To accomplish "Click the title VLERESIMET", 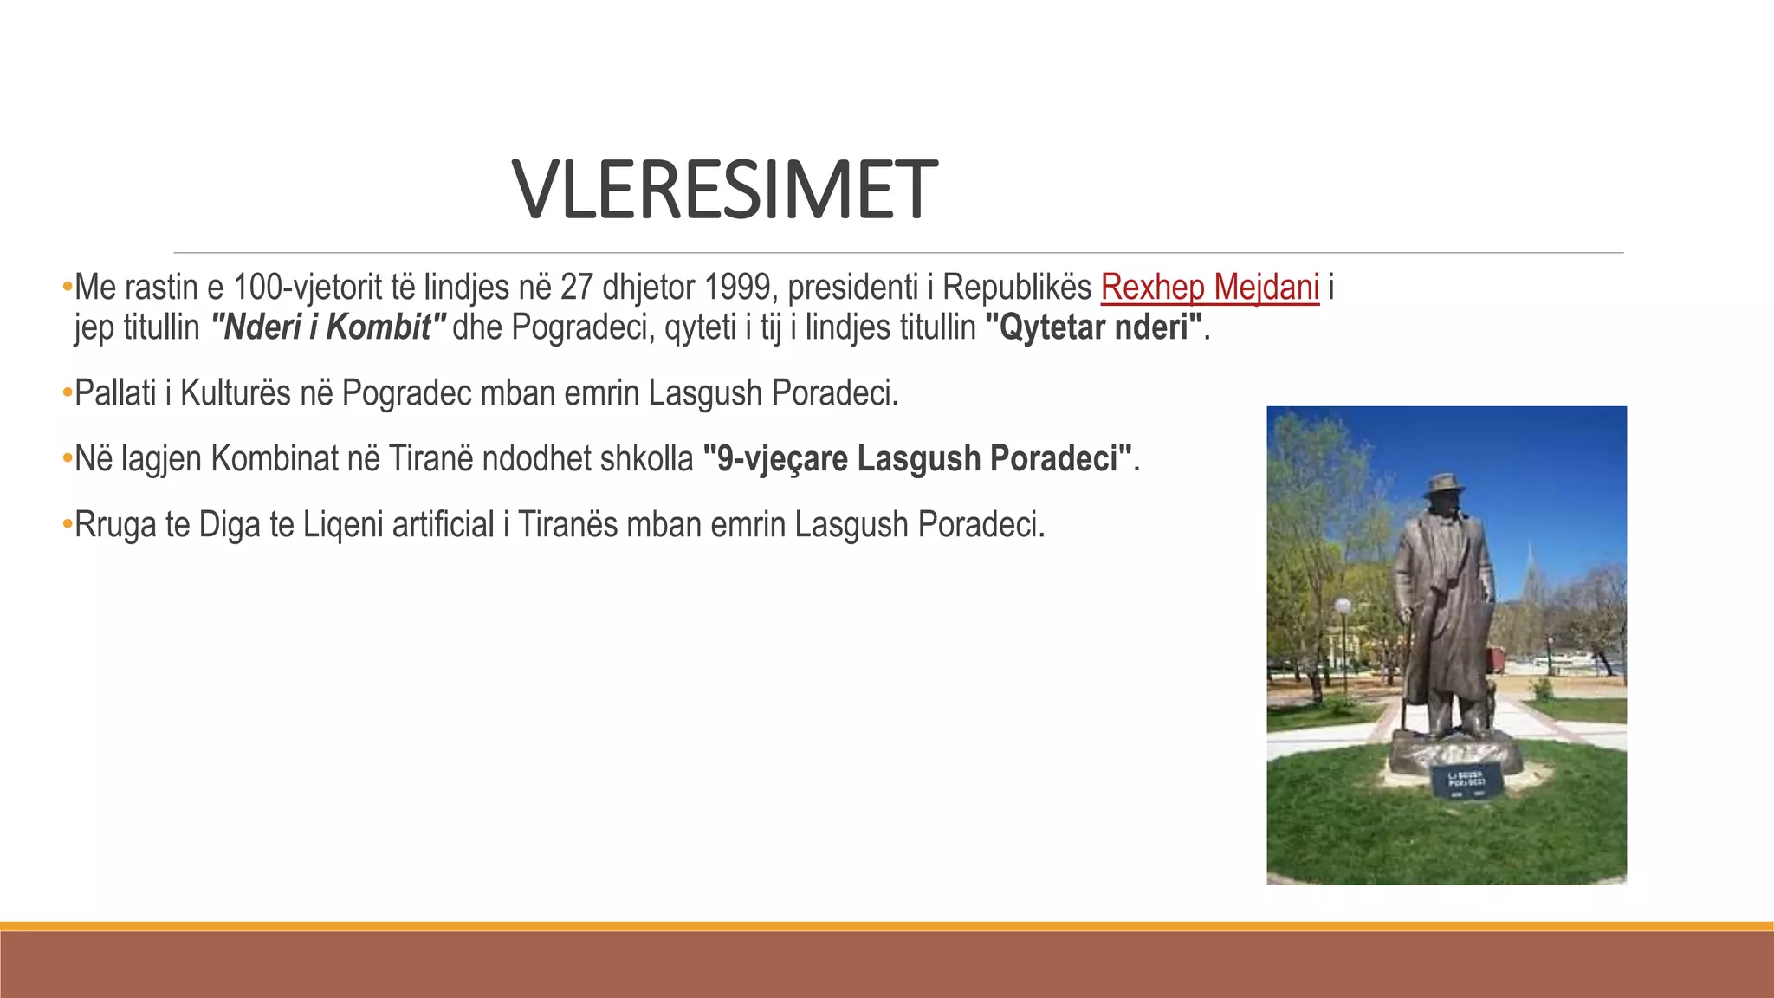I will pos(724,191).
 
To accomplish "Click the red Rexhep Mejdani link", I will pos(1209,287).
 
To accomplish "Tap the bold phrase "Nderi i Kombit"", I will pos(329,327).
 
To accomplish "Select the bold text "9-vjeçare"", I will pos(774,459).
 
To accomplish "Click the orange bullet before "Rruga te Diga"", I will pos(67,524).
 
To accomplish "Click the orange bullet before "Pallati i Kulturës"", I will pos(67,392).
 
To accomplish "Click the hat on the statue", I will pos(1444,485).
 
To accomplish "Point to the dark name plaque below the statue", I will pos(1465,782).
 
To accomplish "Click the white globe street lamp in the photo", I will pos(1343,606).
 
